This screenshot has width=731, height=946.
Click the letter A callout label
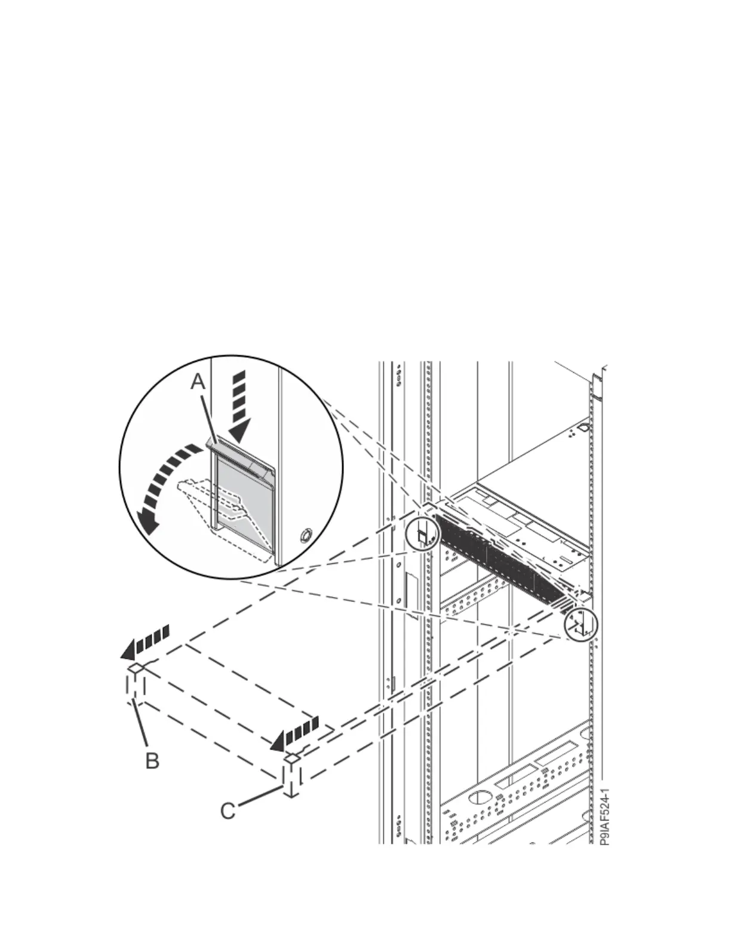tap(198, 383)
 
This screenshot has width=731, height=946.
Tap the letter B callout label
tap(152, 761)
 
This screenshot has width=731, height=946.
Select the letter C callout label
tap(228, 811)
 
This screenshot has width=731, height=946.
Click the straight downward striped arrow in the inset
tap(239, 406)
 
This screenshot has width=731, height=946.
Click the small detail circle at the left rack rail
tap(422, 533)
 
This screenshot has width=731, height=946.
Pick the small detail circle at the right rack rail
tap(580, 624)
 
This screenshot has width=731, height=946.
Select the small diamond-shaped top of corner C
tap(291, 758)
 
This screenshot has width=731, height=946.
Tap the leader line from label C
tap(260, 799)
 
